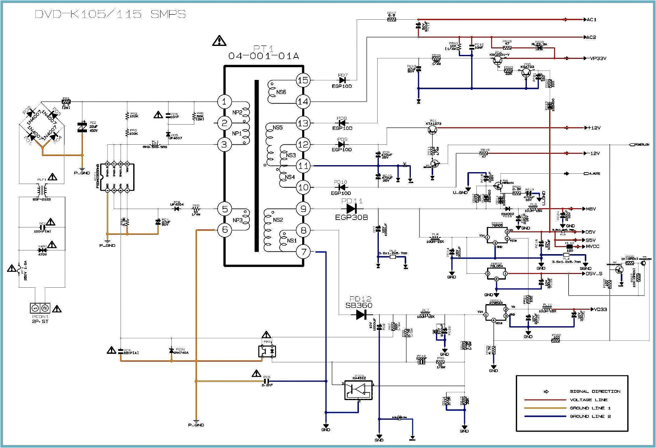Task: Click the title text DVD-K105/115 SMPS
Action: [110, 14]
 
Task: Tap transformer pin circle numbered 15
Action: [303, 80]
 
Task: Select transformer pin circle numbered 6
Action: [224, 230]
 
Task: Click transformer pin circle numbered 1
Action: [224, 101]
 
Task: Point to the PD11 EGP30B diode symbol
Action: [352, 209]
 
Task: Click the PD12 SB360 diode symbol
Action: [361, 315]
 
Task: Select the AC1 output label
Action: [591, 20]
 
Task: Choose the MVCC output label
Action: [592, 246]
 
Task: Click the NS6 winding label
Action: [281, 92]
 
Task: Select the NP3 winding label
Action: [237, 220]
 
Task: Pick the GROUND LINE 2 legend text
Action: [590, 416]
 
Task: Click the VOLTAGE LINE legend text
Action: [589, 400]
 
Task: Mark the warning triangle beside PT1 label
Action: [219, 41]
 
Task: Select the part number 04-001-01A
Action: [264, 56]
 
